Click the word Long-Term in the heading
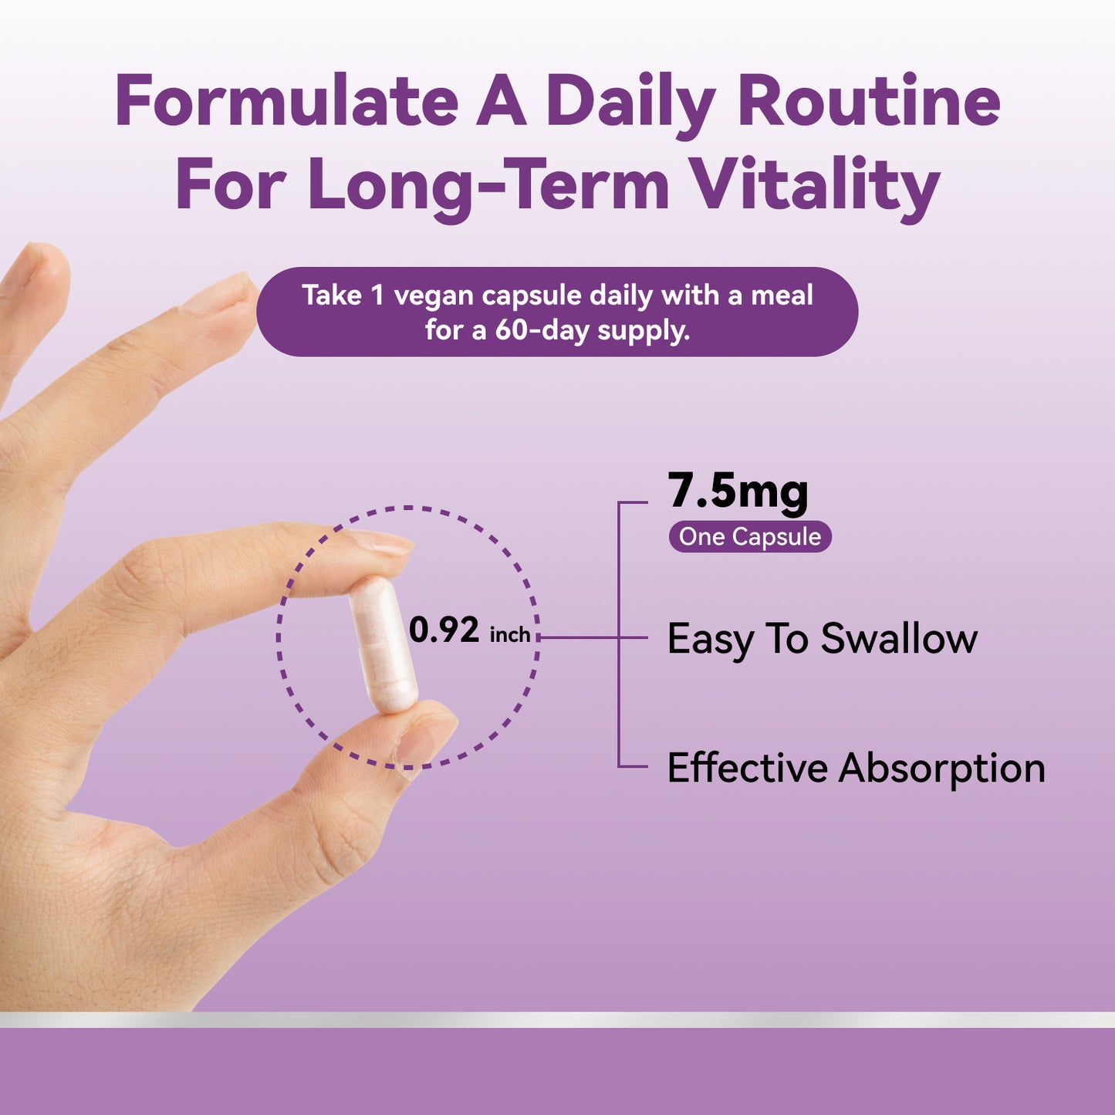(x=489, y=186)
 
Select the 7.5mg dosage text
(x=738, y=492)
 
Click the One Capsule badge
(x=749, y=537)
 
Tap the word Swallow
(x=899, y=639)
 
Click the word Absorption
(x=941, y=769)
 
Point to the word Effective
(x=747, y=769)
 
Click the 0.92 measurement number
(x=444, y=630)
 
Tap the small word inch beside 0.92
(x=510, y=635)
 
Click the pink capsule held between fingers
(x=383, y=644)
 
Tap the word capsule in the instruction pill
(x=532, y=296)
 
